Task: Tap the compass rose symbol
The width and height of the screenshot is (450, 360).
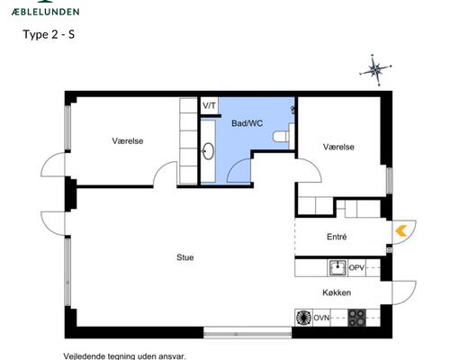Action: tap(375, 69)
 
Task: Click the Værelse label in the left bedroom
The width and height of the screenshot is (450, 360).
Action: tap(127, 140)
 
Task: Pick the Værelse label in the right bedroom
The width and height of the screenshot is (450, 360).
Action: tap(338, 146)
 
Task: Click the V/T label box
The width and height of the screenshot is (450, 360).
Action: tap(209, 105)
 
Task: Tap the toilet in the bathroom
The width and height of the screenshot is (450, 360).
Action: tap(283, 137)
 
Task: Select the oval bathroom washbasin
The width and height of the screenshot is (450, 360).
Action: tap(209, 152)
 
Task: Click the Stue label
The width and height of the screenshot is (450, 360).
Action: tap(184, 257)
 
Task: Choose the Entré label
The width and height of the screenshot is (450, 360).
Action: tap(337, 237)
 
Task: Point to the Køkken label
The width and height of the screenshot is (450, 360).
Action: tap(337, 293)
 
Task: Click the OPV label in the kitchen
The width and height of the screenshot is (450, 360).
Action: tap(357, 267)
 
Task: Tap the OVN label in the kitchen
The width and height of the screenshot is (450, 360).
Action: tap(322, 317)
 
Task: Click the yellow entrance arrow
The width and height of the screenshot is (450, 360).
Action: tap(400, 231)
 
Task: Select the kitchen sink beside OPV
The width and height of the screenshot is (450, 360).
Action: tap(337, 267)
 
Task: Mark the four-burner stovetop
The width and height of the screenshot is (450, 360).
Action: tap(357, 317)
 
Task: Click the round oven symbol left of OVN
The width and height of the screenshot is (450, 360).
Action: tap(303, 317)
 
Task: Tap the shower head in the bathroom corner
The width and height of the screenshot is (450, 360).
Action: tap(292, 108)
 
